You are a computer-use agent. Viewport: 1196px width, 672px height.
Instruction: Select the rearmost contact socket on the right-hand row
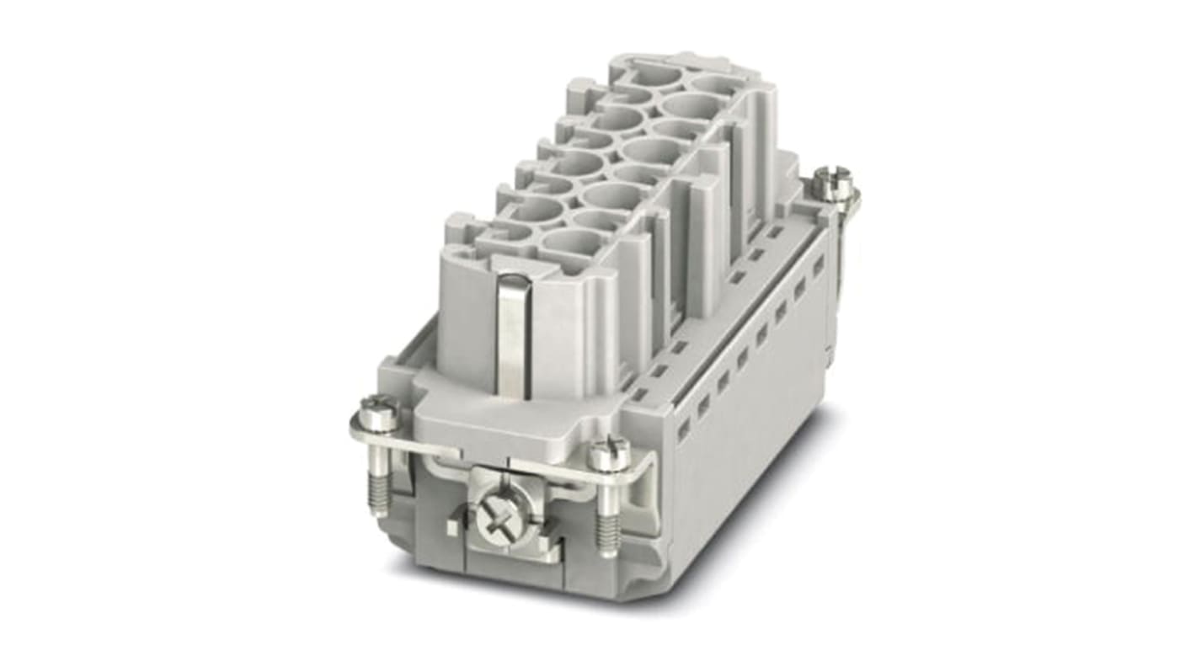(716, 86)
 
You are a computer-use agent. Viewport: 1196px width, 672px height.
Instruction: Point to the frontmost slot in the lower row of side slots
(682, 429)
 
